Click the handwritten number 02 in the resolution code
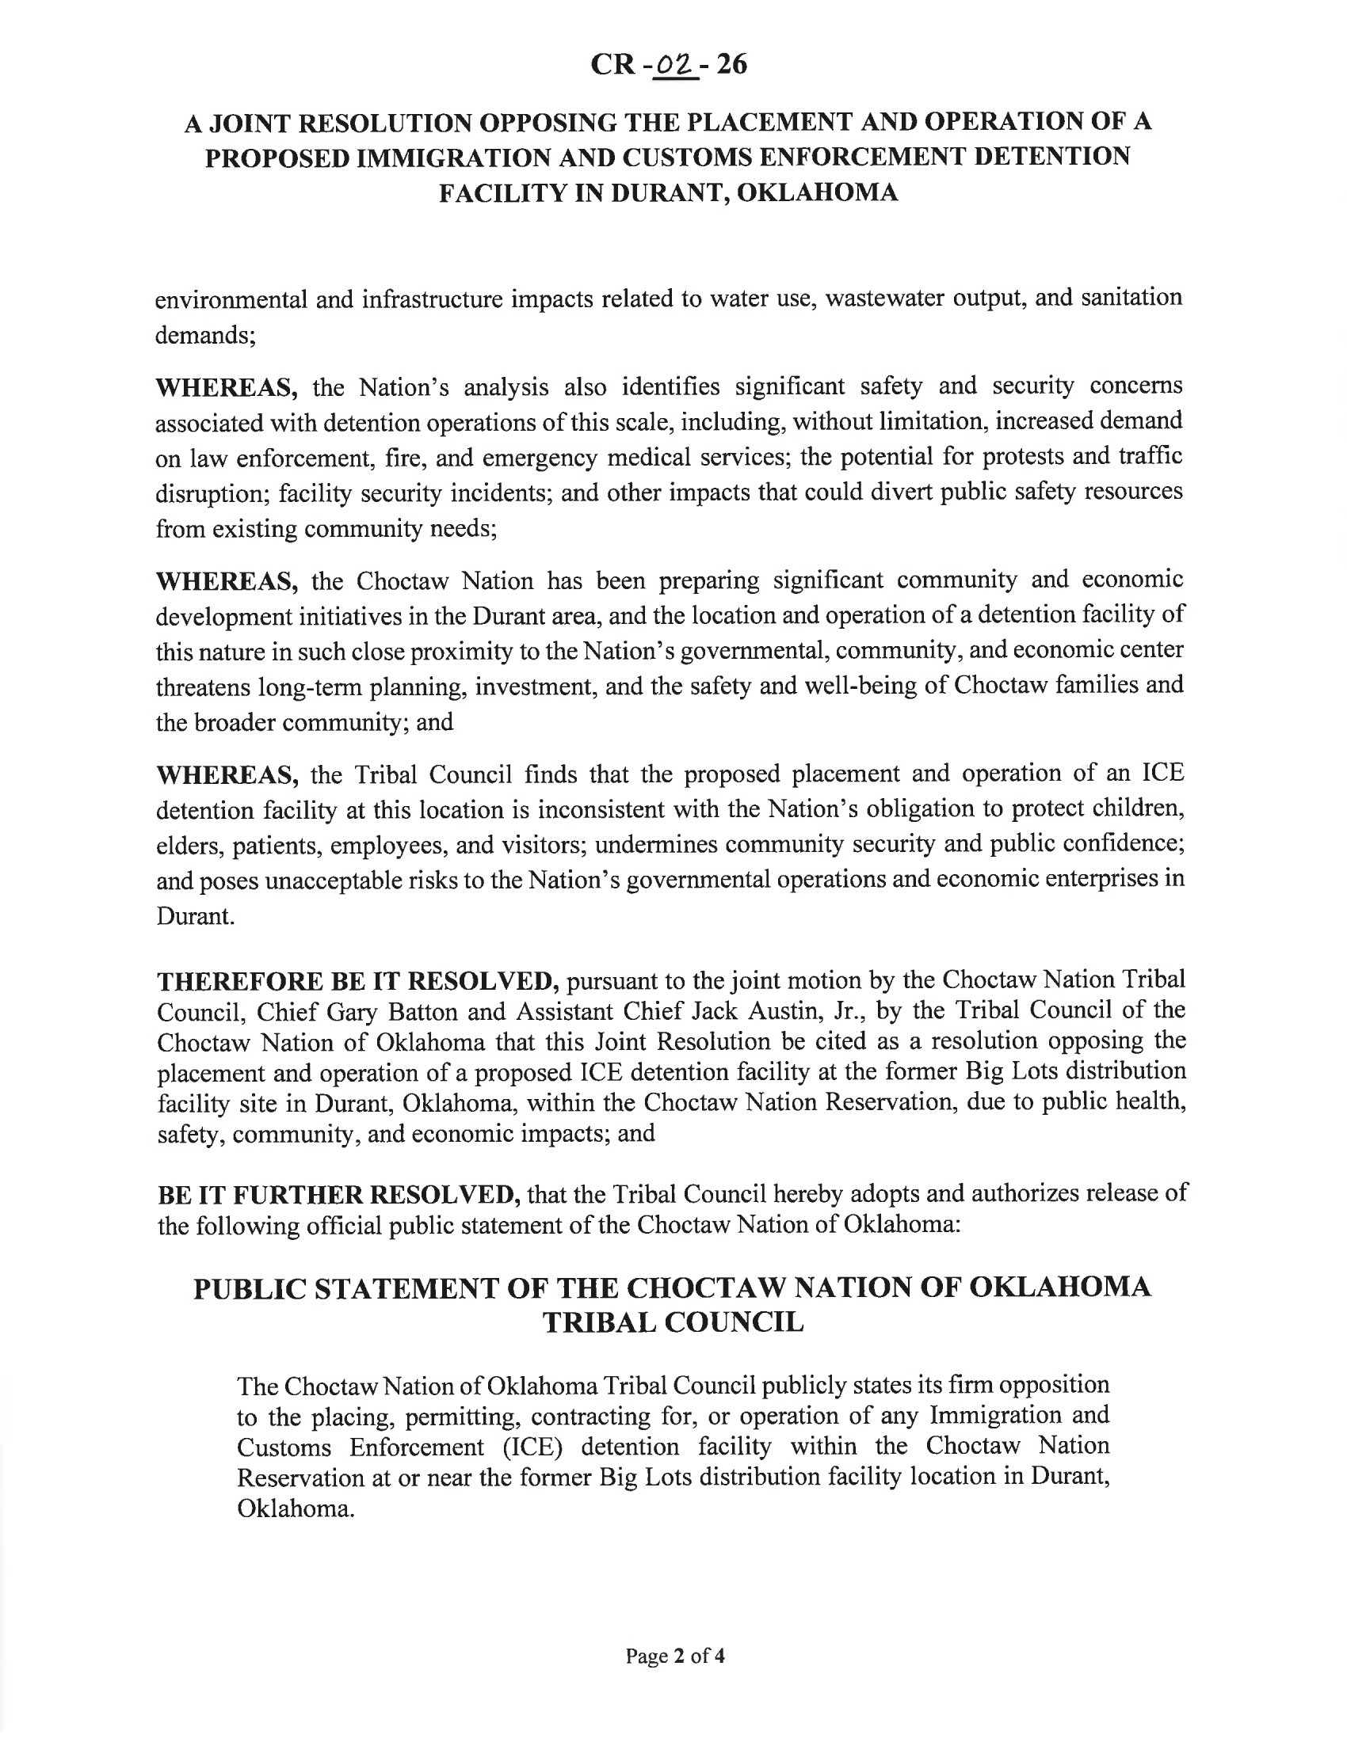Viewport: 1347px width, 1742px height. (674, 65)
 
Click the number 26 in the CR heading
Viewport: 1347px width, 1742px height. (731, 64)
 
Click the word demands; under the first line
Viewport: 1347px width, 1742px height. (205, 335)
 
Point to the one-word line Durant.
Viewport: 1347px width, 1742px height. (196, 915)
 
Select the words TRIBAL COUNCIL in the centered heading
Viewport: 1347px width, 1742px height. (673, 1322)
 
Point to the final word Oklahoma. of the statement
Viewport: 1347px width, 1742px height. (296, 1509)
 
